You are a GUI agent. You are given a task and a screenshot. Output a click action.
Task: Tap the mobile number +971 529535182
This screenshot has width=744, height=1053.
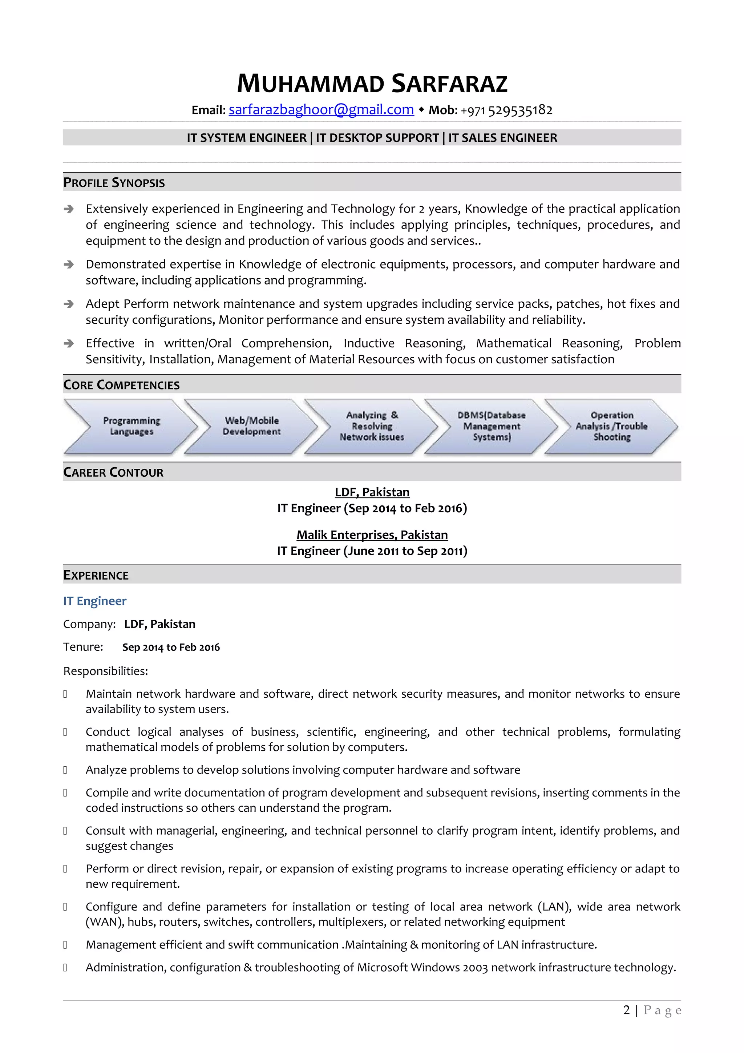506,110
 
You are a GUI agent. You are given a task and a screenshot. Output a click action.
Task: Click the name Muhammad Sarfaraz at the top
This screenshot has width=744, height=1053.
372,84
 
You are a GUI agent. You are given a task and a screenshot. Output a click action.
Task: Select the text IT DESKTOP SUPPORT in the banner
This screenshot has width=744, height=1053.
377,138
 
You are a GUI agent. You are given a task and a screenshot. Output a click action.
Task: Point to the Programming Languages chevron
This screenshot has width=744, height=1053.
131,426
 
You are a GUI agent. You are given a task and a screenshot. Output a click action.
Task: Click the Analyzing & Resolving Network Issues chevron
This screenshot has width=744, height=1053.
372,426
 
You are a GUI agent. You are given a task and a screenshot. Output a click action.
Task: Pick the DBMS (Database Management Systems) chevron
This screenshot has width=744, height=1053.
492,426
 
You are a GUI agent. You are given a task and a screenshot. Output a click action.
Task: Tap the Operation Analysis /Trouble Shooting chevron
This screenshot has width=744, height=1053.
611,426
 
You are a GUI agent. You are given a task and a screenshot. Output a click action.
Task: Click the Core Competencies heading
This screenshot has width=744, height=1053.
121,385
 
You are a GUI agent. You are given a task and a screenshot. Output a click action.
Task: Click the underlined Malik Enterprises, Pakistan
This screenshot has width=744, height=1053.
372,535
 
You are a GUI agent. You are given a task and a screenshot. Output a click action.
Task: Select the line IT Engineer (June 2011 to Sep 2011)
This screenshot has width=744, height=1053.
372,551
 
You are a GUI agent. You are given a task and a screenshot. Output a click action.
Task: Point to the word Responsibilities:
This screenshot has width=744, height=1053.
105,671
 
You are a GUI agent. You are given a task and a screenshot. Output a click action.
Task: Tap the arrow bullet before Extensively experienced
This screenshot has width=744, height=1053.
69,209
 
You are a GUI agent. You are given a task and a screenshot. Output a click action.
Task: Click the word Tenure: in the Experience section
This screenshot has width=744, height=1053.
83,647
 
